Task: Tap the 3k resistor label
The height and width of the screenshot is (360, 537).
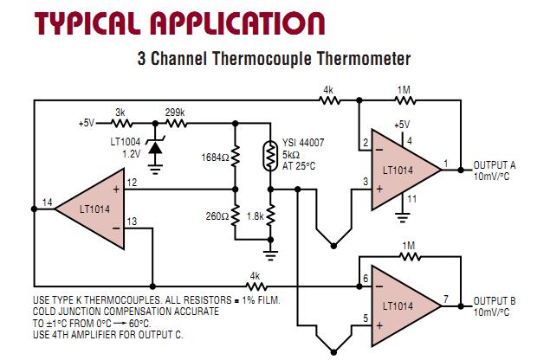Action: coord(120,112)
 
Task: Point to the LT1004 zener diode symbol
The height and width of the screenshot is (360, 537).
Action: coord(156,149)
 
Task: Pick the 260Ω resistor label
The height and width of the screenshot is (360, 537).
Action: coord(216,215)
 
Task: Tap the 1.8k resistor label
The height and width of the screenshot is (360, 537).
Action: coord(256,215)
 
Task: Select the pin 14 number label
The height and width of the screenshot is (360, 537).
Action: coord(48,202)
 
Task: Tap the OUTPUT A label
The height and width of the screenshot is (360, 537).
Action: coord(496,164)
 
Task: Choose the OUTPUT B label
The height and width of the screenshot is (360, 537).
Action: coord(495,300)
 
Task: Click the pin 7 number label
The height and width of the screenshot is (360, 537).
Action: coord(445,299)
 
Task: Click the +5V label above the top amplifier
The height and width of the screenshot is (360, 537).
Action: coord(401,124)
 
